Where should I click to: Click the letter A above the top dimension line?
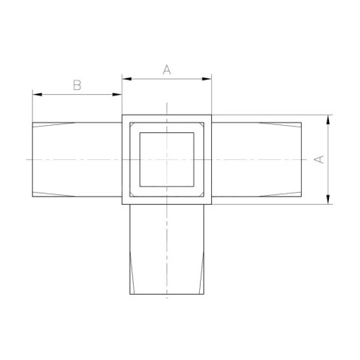tap(167, 69)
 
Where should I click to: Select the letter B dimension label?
tap(77, 84)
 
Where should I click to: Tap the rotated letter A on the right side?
tap(319, 159)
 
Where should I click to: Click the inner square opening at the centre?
tap(167, 159)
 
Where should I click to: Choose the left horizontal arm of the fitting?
tap(77, 159)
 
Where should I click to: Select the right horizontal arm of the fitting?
tap(257, 159)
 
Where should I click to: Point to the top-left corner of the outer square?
tap(122, 115)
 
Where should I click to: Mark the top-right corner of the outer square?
tap(213, 115)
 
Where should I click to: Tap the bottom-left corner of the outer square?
tap(122, 205)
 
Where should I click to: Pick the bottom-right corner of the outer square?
tap(213, 205)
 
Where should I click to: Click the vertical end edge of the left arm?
tap(33, 159)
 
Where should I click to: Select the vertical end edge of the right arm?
tap(302, 159)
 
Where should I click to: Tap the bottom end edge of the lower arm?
tap(167, 293)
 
